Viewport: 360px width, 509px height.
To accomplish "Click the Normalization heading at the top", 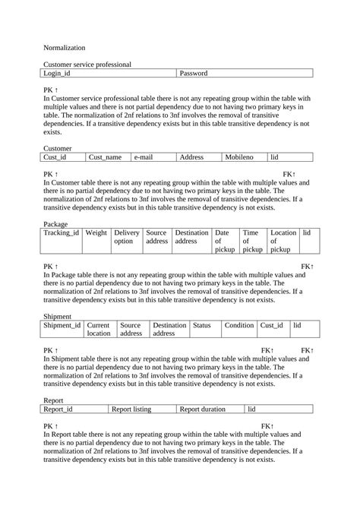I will pyautogui.click(x=65, y=47).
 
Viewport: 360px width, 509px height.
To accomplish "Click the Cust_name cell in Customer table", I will pyautogui.click(x=107, y=156).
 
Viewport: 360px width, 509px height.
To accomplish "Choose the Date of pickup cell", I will pyautogui.click(x=226, y=241).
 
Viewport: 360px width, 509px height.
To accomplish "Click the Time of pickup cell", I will pyautogui.click(x=253, y=241).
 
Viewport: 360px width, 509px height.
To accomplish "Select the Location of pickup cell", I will pyautogui.click(x=283, y=241).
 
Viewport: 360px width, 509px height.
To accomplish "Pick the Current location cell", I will pyautogui.click(x=99, y=329).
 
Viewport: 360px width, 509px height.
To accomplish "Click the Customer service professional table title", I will pyautogui.click(x=87, y=65).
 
